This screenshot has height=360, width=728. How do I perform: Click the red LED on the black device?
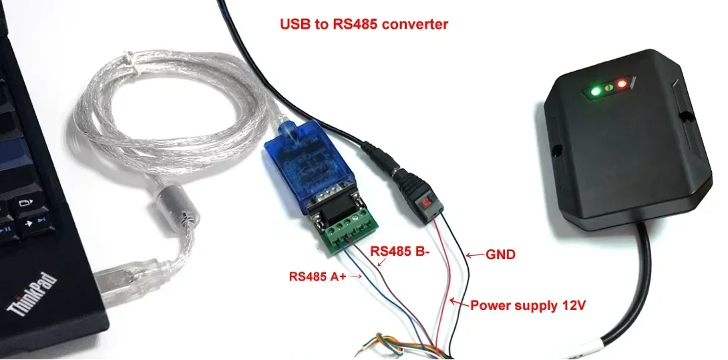click(622, 83)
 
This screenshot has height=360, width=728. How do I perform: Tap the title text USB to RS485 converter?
click(364, 25)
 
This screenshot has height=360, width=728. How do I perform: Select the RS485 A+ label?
click(317, 275)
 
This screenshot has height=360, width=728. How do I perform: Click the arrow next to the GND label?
click(474, 254)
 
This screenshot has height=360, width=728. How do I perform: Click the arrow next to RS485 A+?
click(355, 275)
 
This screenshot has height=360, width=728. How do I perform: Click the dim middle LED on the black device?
click(608, 86)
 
